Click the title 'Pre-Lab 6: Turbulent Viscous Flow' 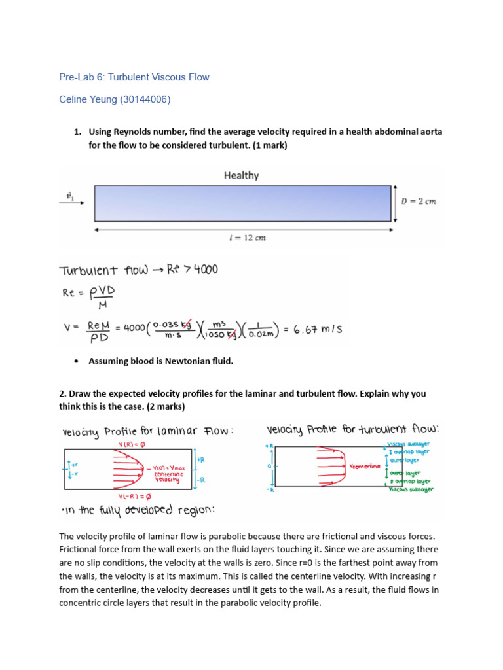(x=134, y=77)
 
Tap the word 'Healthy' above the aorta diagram (x=241, y=175)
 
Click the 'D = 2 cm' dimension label (x=418, y=202)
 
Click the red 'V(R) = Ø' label (x=131, y=444)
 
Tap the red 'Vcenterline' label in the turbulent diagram (x=365, y=466)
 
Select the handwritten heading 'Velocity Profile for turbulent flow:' (x=352, y=430)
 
